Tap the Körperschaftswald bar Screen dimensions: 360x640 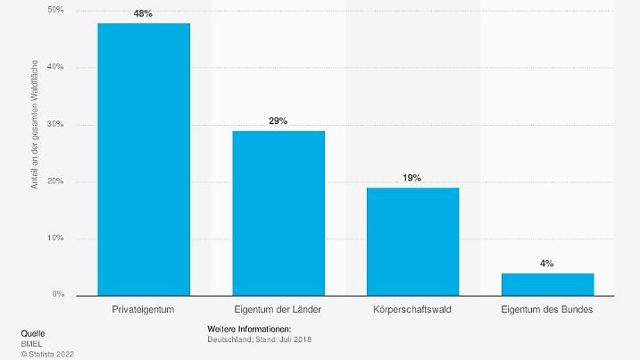(412, 241)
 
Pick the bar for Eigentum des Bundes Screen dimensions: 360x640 (547, 284)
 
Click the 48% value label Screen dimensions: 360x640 (144, 14)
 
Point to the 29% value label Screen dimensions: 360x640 (278, 121)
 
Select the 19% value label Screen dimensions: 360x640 (412, 178)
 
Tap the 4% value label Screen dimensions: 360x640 (547, 264)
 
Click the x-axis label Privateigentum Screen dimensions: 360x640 (144, 309)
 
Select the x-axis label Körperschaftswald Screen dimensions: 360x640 (412, 309)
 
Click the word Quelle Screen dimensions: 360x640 (32, 332)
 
